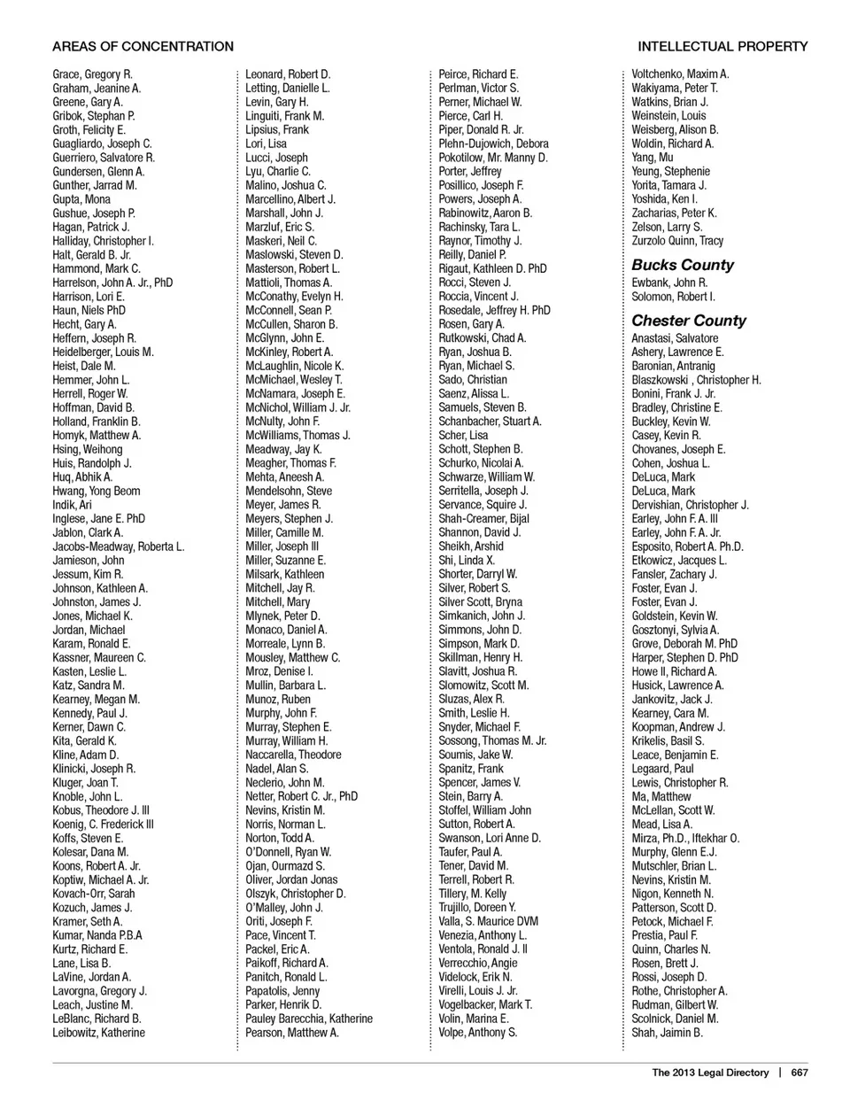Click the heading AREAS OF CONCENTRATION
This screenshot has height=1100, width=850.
click(143, 46)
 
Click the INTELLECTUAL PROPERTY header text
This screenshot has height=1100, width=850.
click(722, 46)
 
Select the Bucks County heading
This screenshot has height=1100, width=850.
click(683, 265)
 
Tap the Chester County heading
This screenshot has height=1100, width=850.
click(689, 321)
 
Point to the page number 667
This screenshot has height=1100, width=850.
click(800, 1073)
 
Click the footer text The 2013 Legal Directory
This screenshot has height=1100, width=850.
click(710, 1073)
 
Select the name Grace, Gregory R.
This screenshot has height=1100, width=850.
click(92, 74)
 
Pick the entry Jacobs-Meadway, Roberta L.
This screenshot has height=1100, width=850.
click(119, 546)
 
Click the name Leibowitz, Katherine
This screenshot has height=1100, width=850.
click(98, 1033)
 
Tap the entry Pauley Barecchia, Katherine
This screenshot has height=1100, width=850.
click(309, 1019)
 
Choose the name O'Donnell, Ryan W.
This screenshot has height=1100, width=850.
click(288, 852)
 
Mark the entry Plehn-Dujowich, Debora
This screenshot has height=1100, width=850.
click(493, 143)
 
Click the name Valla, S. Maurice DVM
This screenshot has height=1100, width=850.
click(488, 921)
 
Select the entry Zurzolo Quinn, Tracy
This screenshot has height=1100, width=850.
click(677, 241)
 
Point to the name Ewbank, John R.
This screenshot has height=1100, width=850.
click(669, 283)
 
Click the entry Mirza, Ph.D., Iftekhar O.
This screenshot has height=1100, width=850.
click(685, 838)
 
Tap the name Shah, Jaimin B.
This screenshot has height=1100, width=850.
click(667, 1033)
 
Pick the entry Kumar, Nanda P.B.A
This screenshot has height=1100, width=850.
click(97, 935)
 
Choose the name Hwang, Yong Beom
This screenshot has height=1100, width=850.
click(97, 491)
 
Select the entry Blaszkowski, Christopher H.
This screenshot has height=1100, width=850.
click(696, 380)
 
